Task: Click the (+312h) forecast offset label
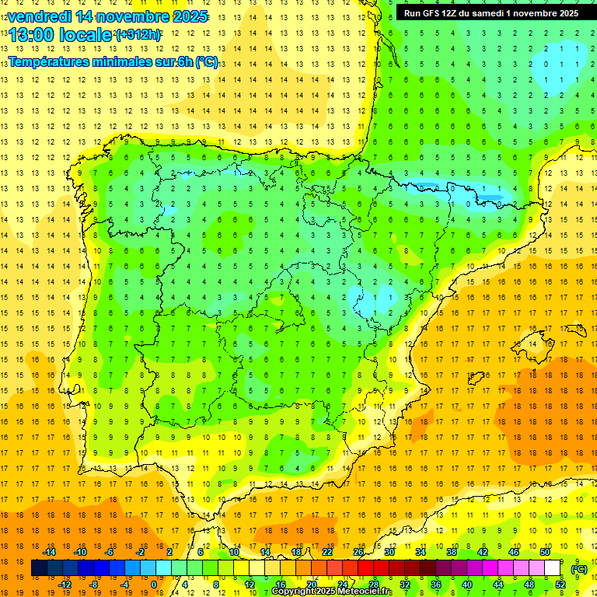click(x=138, y=34)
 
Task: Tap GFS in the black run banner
click(x=432, y=13)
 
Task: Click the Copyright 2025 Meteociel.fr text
click(x=332, y=592)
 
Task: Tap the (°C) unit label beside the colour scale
click(x=579, y=569)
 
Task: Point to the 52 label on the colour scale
click(x=560, y=584)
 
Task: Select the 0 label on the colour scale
click(x=154, y=584)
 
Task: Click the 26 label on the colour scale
click(x=358, y=551)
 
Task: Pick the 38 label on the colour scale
click(x=452, y=551)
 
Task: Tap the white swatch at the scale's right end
click(x=553, y=568)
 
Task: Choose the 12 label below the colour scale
click(x=249, y=584)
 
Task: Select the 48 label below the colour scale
click(x=529, y=584)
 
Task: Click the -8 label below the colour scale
click(x=93, y=584)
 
